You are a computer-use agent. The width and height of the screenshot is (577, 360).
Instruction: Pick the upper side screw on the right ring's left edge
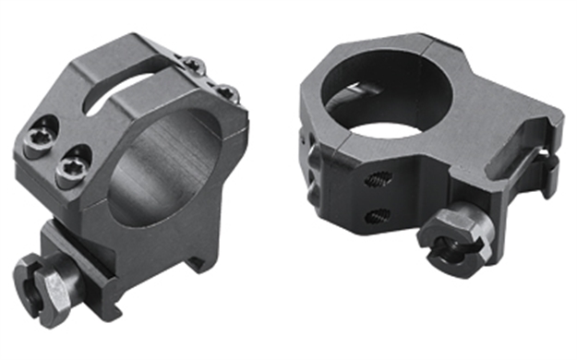pyautogui.click(x=306, y=138)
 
